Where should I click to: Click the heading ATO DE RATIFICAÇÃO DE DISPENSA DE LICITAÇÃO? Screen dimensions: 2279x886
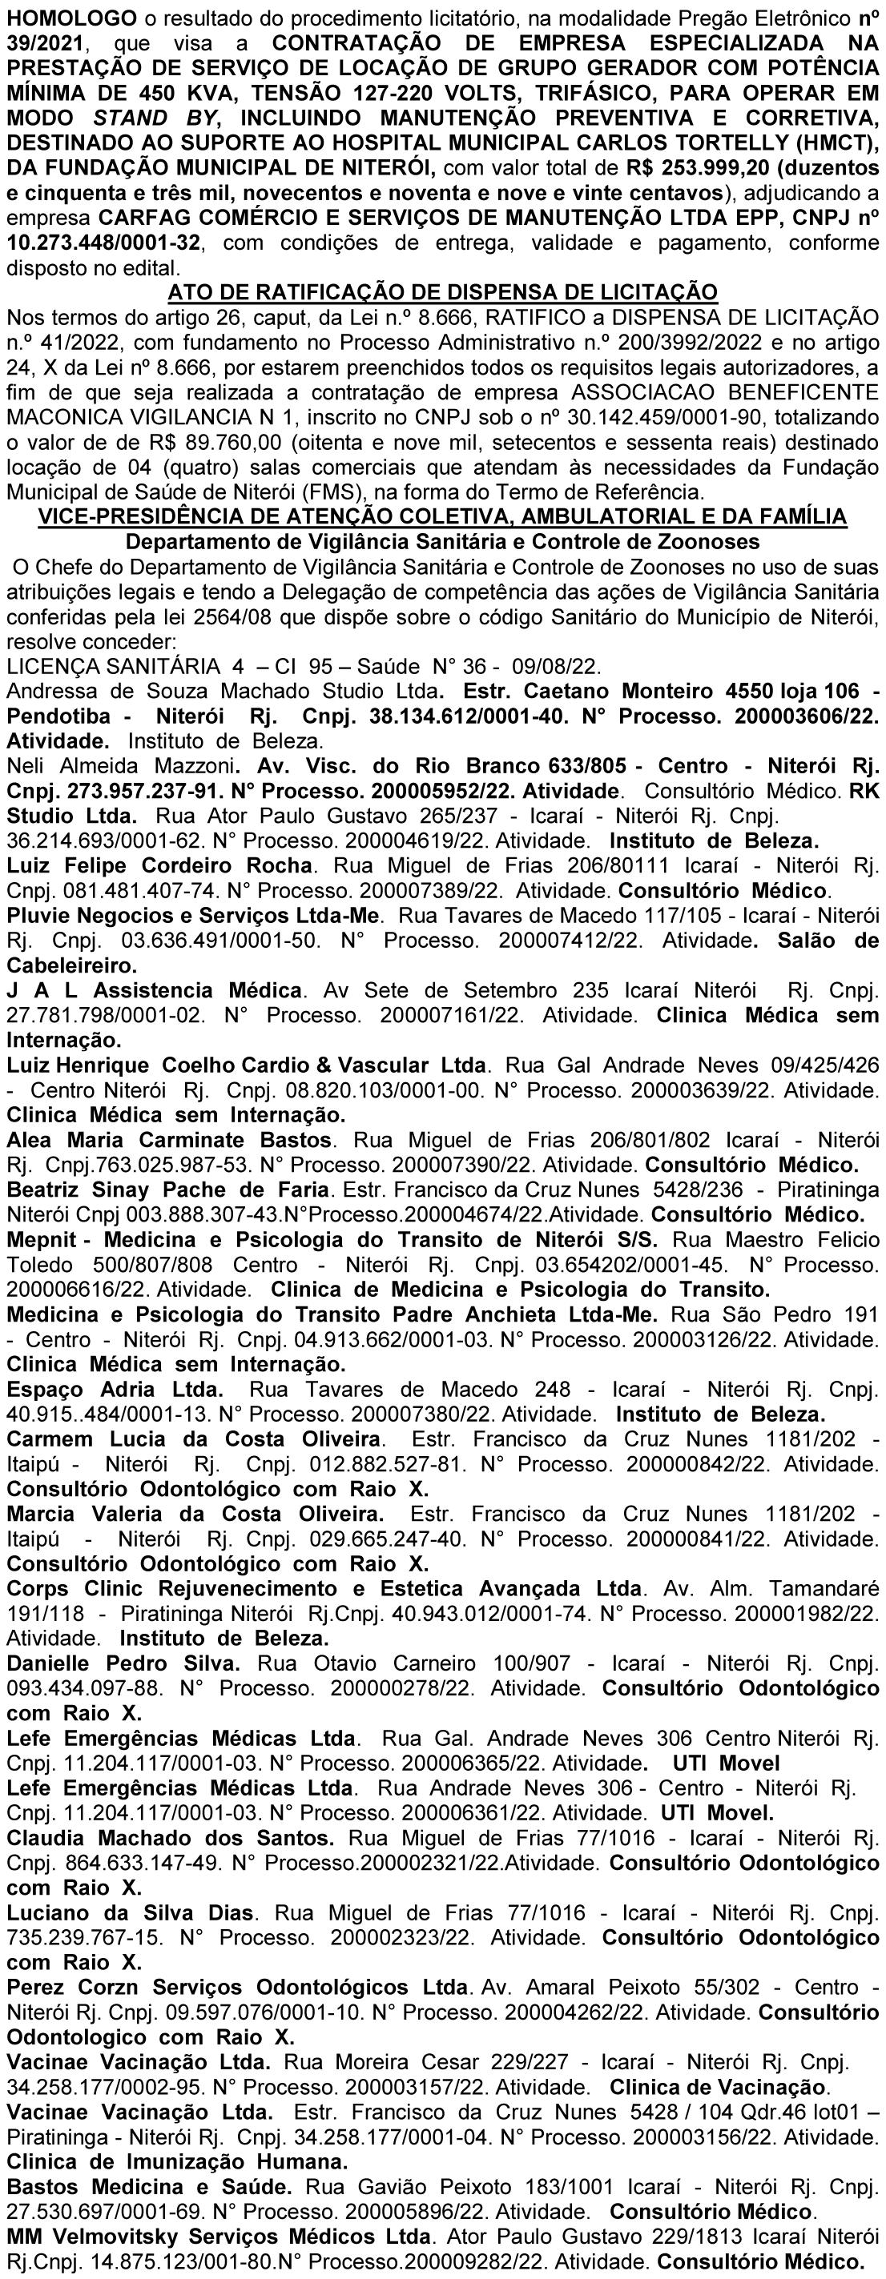coord(441,291)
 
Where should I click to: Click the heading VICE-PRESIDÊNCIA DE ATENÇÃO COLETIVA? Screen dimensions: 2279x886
coord(441,516)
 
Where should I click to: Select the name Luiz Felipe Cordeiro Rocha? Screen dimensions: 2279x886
coord(159,865)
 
